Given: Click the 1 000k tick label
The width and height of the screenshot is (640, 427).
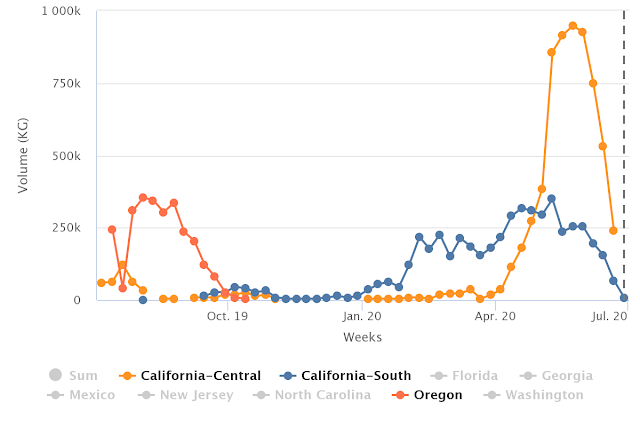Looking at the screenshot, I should coord(61,12).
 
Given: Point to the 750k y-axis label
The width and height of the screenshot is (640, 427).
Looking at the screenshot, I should coord(67,84).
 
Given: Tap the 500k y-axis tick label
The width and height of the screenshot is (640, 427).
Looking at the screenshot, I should coord(67,156).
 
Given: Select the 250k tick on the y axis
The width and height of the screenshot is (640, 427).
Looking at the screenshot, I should coord(67,228).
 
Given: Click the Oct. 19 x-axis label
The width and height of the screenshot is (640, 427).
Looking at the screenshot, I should coord(227,316).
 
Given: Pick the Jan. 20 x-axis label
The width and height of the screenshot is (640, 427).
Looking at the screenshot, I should coord(363,316).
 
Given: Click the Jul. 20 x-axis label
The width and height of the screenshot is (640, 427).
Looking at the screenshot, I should coord(608,316).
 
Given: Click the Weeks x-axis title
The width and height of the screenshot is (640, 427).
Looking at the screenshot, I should coord(362,338).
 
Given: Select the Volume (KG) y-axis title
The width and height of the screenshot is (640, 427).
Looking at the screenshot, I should coord(23,155).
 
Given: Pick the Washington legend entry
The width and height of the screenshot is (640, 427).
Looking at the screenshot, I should coord(533,395).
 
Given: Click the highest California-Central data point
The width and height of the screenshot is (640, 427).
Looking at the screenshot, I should coord(573,26).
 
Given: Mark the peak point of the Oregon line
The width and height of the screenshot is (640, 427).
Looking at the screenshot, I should coord(143,198).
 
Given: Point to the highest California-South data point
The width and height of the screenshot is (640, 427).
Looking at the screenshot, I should coord(551,199).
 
